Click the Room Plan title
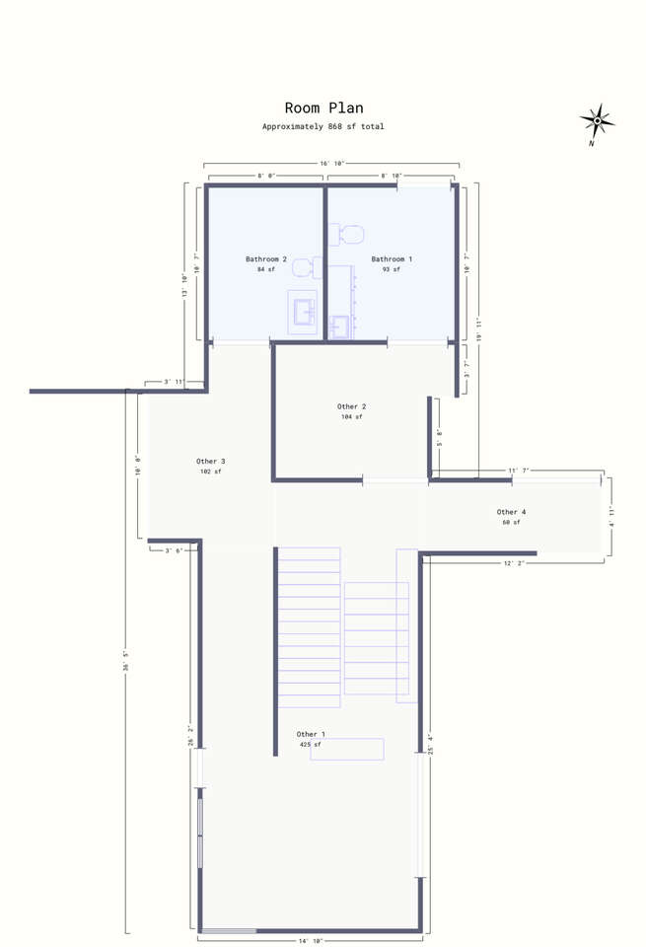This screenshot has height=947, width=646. pyautogui.click(x=324, y=109)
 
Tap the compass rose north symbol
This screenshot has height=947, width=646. pyautogui.click(x=597, y=122)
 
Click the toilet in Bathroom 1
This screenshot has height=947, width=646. pyautogui.click(x=346, y=235)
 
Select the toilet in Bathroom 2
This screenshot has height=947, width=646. pyautogui.click(x=308, y=267)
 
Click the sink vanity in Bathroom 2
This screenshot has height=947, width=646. pyautogui.click(x=302, y=312)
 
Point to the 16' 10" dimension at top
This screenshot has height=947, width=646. pyautogui.click(x=331, y=164)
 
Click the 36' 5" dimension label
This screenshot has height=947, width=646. pyautogui.click(x=126, y=661)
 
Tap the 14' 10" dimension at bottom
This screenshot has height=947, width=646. pyautogui.click(x=311, y=941)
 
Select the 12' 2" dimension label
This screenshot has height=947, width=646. pyautogui.click(x=514, y=563)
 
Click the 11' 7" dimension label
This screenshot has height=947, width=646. pyautogui.click(x=518, y=470)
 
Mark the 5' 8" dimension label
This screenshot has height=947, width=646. pyautogui.click(x=440, y=437)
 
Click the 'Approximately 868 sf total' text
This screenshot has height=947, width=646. pyautogui.click(x=323, y=127)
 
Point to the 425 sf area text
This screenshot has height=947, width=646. pyautogui.click(x=311, y=745)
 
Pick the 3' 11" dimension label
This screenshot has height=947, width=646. pyautogui.click(x=175, y=382)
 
